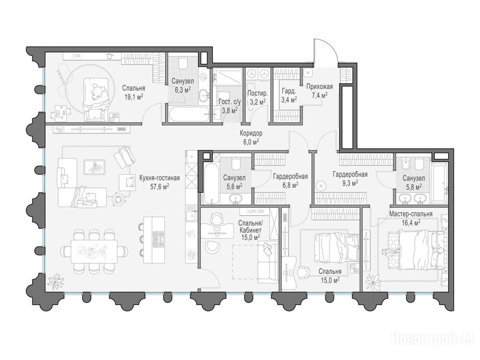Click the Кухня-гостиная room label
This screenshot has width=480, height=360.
coord(159,178)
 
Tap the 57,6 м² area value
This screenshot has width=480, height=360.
coord(160,187)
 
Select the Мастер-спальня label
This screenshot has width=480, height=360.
coord(411,214)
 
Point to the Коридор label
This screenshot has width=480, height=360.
coord(251,134)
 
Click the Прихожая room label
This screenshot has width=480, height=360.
coord(320,87)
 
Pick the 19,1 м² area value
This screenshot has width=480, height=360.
coord(134,97)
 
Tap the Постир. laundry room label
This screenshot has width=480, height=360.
coord(257,93)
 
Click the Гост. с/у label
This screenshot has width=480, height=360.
coord(230,102)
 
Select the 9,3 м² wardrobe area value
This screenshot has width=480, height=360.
coord(350,183)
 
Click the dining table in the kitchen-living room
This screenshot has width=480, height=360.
coord(94,251)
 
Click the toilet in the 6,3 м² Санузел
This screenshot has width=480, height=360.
coord(183,62)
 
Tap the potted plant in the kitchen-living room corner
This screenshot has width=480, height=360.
coord(56,281)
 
